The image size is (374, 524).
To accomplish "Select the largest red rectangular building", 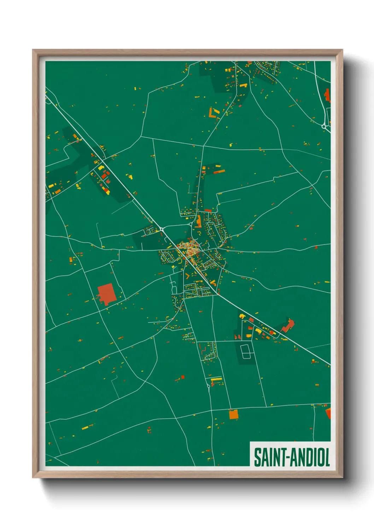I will (x=106, y=293).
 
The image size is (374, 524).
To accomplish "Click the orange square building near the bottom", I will (x=234, y=414).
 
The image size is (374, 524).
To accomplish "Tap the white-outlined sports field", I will (x=246, y=351).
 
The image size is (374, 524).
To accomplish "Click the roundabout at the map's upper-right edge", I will (x=324, y=126).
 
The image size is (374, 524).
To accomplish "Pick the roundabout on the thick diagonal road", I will (x=162, y=229).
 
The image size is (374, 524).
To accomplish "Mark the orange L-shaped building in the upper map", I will (x=213, y=113).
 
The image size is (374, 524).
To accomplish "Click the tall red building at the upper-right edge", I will (x=327, y=95).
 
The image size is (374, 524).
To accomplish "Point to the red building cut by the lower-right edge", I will (x=328, y=413).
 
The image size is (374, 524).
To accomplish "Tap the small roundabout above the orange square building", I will (x=209, y=386).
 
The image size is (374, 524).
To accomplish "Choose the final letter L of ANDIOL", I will (x=327, y=457).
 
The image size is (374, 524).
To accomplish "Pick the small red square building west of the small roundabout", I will (x=183, y=377).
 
